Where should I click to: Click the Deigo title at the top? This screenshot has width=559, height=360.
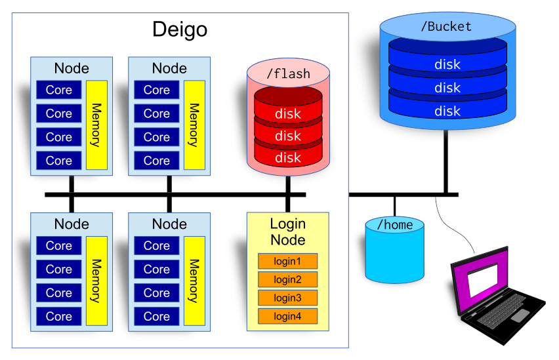(x=180, y=30)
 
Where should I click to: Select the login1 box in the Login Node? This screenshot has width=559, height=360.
(x=288, y=261)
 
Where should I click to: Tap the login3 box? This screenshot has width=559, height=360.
(x=288, y=298)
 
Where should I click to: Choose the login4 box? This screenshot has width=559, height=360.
(x=288, y=316)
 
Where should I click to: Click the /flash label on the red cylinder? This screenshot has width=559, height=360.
(x=288, y=73)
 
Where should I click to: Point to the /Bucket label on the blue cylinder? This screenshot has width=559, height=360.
(x=446, y=27)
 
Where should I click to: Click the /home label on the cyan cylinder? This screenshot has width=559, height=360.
(x=394, y=225)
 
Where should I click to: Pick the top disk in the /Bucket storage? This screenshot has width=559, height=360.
(x=447, y=64)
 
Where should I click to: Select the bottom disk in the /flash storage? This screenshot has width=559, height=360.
(x=288, y=157)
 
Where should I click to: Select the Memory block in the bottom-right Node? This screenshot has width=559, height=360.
(x=194, y=280)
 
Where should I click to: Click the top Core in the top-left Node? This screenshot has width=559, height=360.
(x=59, y=90)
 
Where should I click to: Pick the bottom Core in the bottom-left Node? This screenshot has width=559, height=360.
(x=59, y=316)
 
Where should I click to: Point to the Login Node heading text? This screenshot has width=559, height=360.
(x=288, y=231)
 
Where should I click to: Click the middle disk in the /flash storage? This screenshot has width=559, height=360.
(x=288, y=136)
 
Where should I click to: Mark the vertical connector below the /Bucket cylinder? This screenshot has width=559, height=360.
(x=446, y=161)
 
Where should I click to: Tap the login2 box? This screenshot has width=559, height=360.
(x=288, y=279)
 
